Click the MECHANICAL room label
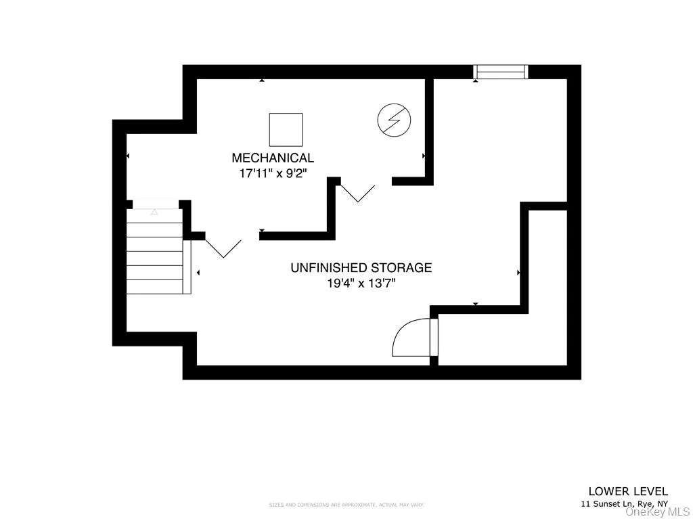[x=273, y=158]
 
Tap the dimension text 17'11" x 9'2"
[x=273, y=174]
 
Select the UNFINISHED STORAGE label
[x=361, y=268]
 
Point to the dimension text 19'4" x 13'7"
[x=361, y=284]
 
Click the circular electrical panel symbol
[x=394, y=120]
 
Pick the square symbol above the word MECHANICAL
[x=286, y=129]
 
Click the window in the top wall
[x=500, y=71]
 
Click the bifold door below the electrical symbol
[x=357, y=191]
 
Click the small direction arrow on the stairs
[x=154, y=212]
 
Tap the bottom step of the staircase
[x=155, y=286]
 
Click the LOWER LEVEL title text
[x=628, y=491]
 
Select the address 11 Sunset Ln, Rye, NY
[x=624, y=504]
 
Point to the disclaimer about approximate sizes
[x=346, y=505]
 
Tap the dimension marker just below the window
[x=476, y=81]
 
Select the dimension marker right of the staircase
[x=198, y=273]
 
